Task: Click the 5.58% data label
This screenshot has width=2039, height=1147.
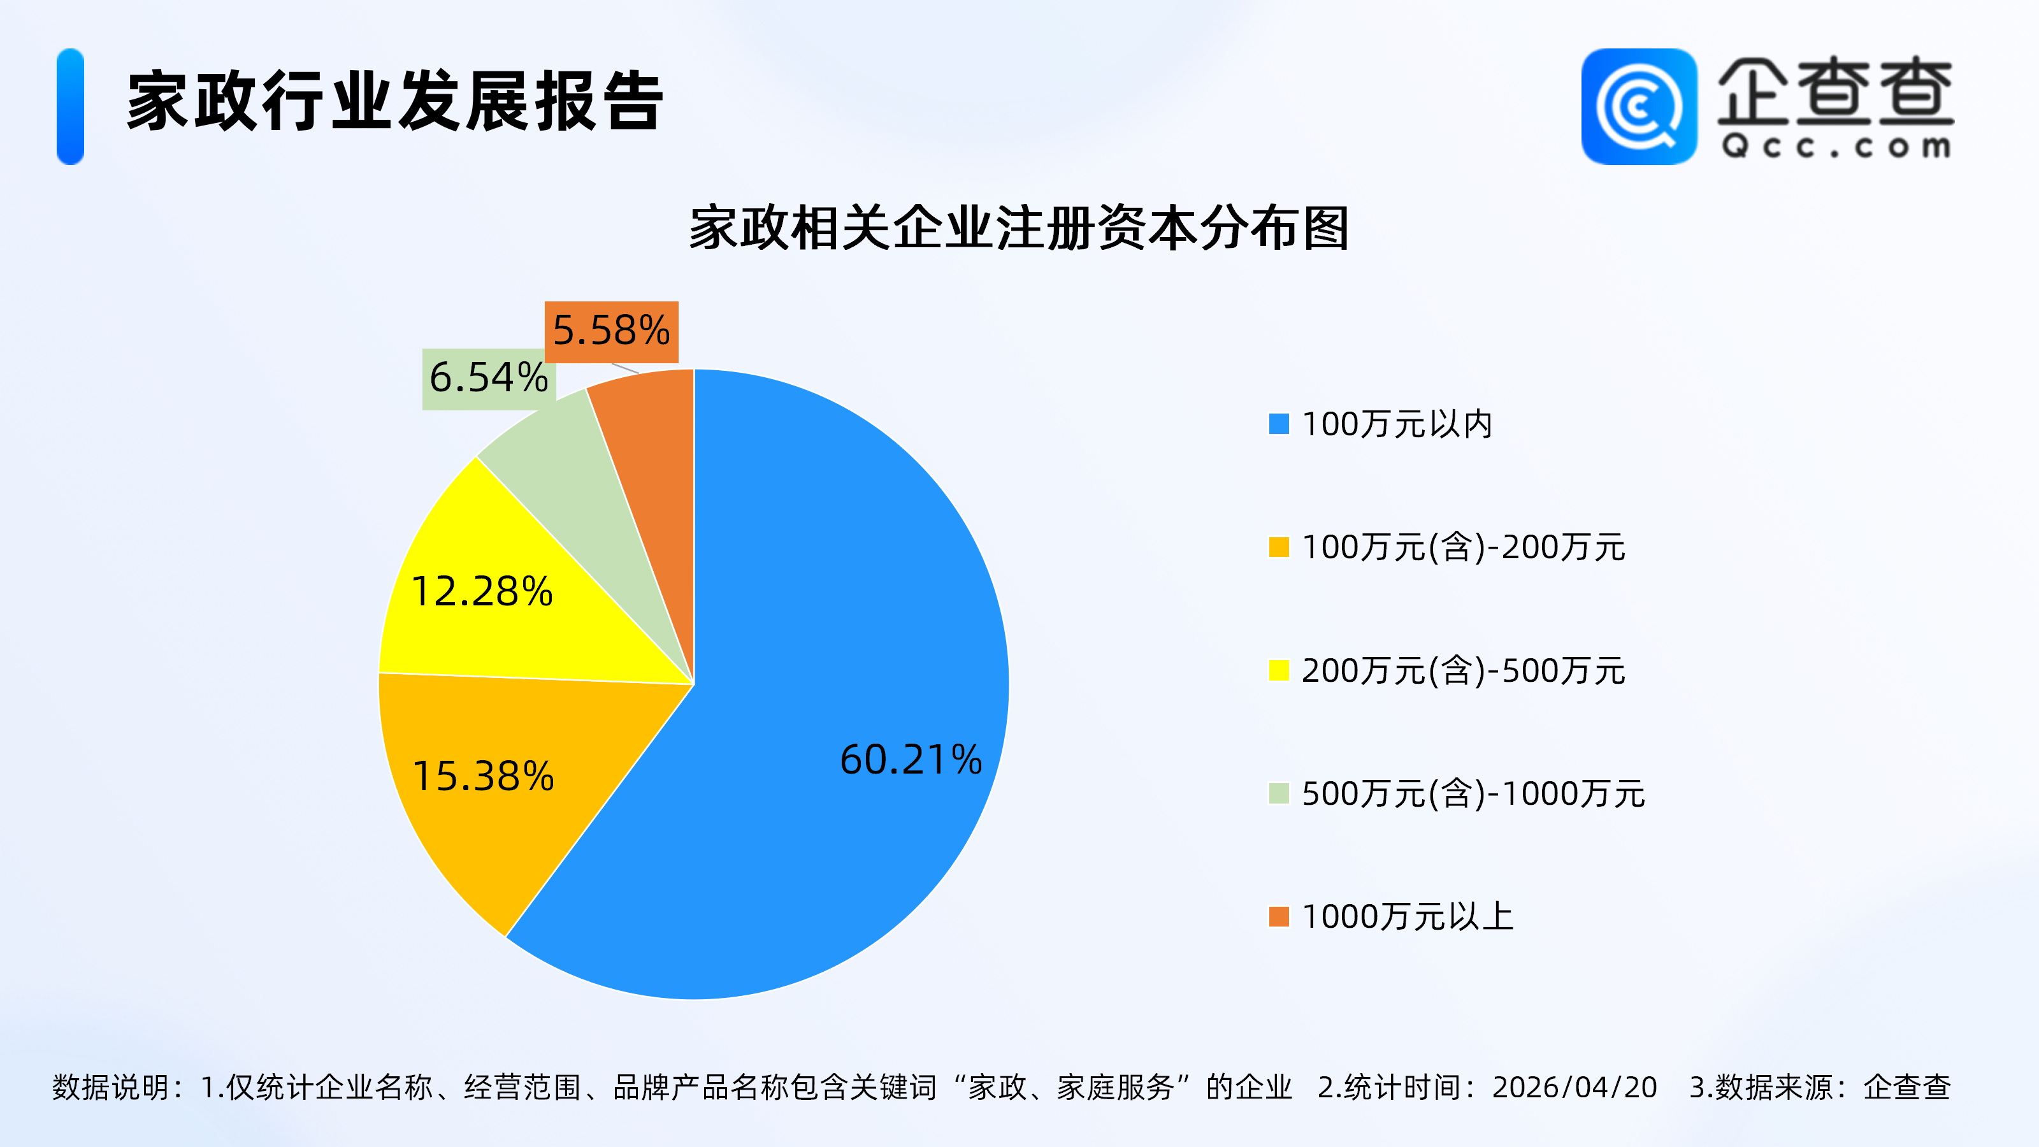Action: click(611, 331)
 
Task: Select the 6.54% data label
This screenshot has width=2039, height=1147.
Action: click(488, 379)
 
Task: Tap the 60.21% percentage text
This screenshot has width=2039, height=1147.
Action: click(911, 760)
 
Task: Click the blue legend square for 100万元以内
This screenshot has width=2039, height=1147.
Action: click(1278, 424)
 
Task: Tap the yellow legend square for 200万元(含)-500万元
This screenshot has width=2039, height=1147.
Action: click(1278, 670)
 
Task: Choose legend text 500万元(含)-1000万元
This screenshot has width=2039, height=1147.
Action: click(1473, 794)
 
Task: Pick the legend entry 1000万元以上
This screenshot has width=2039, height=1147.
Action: click(1406, 917)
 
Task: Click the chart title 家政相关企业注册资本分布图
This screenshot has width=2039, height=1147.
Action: click(1019, 229)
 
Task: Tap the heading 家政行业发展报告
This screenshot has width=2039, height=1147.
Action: click(395, 101)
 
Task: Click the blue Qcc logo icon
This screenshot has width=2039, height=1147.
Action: click(1638, 107)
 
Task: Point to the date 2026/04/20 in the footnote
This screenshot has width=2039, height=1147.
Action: click(1574, 1088)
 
